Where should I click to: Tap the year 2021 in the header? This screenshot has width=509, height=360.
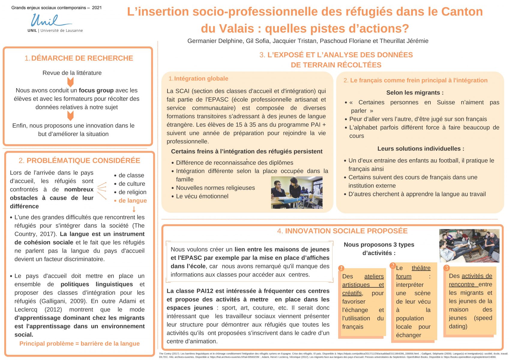coord(97,8)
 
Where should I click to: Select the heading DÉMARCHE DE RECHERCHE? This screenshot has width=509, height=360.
coord(82,58)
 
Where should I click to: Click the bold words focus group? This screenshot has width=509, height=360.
coord(96,90)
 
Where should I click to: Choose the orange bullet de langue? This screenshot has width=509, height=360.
coord(132,201)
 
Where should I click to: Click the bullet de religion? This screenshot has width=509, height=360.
coord(132,192)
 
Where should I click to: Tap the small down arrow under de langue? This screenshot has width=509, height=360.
coord(134,209)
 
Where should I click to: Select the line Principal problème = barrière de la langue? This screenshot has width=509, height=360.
coord(80,343)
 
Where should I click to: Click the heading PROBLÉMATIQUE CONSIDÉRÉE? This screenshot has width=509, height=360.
coord(83,160)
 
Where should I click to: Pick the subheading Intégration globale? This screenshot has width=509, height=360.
coord(201,79)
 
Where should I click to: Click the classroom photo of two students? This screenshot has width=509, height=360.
coord(297,192)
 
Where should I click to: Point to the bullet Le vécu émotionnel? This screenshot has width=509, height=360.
coord(202,196)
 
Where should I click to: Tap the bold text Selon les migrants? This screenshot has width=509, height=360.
coord(415,93)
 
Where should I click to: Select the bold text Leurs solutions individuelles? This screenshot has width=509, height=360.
coord(421,149)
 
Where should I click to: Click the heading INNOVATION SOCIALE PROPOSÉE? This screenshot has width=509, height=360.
coord(346,231)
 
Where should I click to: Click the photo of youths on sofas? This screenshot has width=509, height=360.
coord(469,246)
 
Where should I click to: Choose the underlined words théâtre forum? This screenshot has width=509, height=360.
coord(413,272)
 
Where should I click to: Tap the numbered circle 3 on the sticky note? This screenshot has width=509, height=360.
coord(447,268)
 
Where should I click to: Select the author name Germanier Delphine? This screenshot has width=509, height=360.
coord(215,41)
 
